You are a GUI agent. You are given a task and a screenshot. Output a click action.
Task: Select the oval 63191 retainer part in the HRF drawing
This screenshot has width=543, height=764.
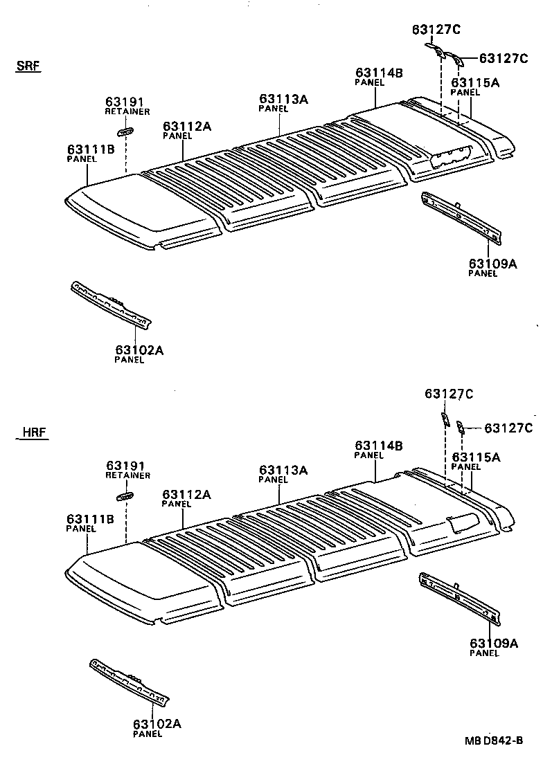(125, 496)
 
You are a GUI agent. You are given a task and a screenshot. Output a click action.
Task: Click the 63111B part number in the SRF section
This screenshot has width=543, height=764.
(91, 149)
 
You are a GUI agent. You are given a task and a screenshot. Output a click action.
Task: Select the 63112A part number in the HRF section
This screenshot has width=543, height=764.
(186, 494)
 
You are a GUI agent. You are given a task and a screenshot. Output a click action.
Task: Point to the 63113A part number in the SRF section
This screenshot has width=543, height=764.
(283, 99)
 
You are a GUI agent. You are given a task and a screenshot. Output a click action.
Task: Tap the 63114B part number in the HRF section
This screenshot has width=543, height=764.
(378, 446)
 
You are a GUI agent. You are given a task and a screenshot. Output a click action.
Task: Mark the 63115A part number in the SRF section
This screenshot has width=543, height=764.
(475, 82)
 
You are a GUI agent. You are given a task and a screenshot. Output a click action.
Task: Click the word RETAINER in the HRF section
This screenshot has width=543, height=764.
(127, 475)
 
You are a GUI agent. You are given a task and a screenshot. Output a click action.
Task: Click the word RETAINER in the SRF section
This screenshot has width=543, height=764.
(127, 111)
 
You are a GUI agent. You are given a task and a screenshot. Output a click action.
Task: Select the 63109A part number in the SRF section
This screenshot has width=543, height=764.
(492, 263)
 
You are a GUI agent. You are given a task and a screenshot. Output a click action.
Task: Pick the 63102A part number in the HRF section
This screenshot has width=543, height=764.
(157, 724)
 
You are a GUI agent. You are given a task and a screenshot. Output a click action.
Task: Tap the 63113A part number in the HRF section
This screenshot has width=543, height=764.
(283, 470)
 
